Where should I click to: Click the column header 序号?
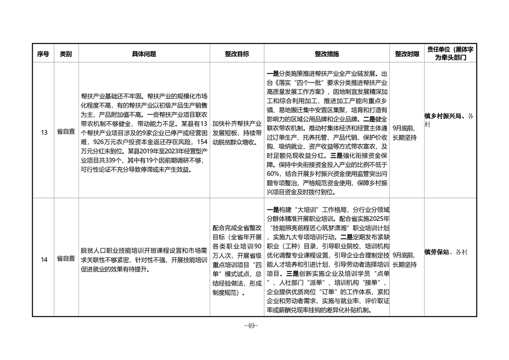[43, 54]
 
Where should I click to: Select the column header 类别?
[66, 54]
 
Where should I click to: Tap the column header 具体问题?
[144, 54]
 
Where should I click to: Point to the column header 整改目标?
[237, 54]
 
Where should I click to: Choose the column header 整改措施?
[327, 54]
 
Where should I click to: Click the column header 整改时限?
[406, 54]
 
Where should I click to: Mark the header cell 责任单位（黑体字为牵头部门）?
[450, 54]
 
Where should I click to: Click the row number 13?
[44, 133]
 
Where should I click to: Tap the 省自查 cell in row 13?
[66, 133]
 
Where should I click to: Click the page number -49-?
[250, 325]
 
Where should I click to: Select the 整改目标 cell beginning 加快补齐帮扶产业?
[237, 133]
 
